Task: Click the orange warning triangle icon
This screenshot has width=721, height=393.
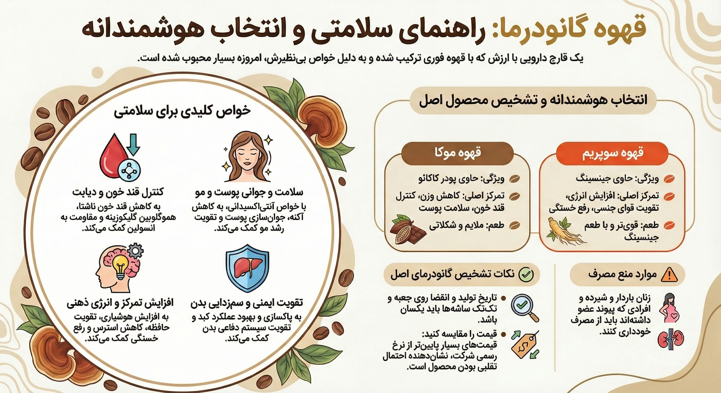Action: (x=669, y=275)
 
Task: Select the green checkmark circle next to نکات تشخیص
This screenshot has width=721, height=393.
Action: (x=527, y=274)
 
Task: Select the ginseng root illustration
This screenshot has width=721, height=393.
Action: (x=565, y=231)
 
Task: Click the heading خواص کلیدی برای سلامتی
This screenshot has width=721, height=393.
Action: (x=182, y=111)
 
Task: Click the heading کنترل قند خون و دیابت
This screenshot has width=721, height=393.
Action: (x=118, y=193)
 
